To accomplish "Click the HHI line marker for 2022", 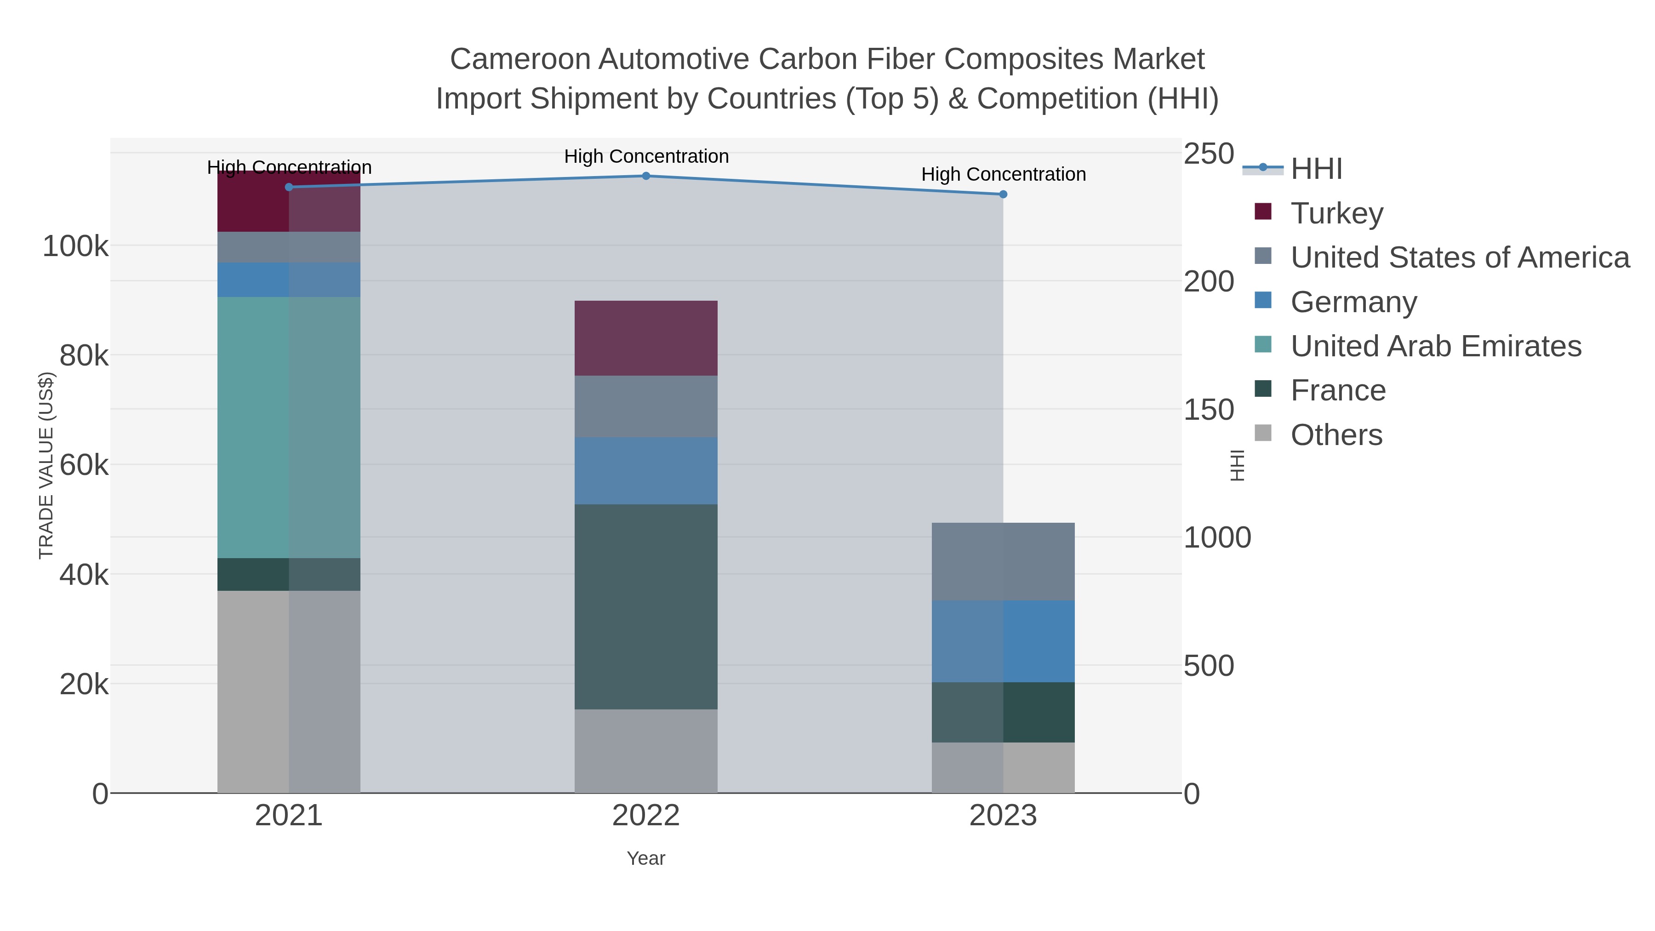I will coord(646,176).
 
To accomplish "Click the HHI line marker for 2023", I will coord(1003,194).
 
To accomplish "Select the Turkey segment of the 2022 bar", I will coord(646,338).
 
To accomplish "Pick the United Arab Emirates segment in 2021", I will coord(288,427).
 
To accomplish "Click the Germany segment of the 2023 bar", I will coord(1003,641).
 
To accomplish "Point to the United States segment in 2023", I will coord(1003,561).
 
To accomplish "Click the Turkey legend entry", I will coord(1336,213).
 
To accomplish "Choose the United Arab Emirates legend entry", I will coord(1435,346).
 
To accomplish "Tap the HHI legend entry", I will coord(1316,169).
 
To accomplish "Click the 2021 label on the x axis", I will coord(288,817).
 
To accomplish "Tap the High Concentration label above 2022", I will coord(646,156).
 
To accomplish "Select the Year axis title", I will coord(646,858).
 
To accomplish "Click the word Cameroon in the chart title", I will coord(520,60).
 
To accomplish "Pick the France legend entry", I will coord(1338,391).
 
